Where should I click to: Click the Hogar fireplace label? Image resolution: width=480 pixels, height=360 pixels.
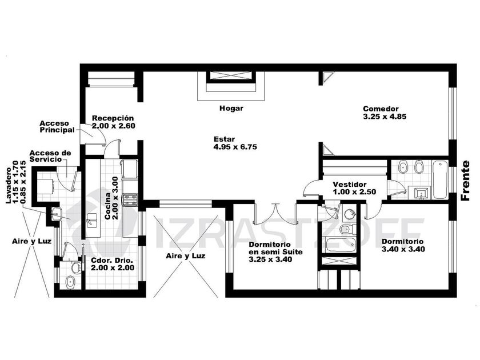pos(231,108)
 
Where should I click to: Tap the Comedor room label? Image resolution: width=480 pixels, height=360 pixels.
pos(381,109)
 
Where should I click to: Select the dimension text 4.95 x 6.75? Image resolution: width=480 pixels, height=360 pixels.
pos(235,147)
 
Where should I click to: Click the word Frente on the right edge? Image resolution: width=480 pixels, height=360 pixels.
pos(465,181)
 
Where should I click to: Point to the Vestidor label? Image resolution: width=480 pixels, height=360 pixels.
pos(350,185)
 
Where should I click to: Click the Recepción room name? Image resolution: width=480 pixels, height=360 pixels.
pos(113,118)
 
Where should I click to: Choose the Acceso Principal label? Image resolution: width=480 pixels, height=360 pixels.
pos(57,127)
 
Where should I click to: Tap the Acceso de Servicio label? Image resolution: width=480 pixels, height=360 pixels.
pos(50,156)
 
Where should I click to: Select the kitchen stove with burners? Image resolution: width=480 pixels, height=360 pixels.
pos(130,199)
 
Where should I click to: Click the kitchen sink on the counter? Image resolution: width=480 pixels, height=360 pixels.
pos(91,221)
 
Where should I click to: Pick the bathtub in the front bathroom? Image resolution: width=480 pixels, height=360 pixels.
pos(440,180)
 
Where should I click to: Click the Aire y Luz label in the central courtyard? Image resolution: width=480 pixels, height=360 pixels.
pos(186,255)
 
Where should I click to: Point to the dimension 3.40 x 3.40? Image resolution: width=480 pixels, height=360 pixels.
pos(403,249)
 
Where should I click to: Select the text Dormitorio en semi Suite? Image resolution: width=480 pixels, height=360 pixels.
pos(275,248)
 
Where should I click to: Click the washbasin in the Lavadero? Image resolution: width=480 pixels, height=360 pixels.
pos(57,213)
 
